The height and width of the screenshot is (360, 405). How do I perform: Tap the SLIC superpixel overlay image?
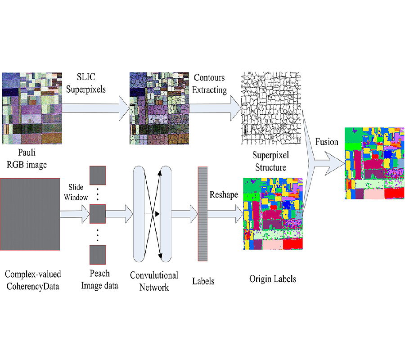159,108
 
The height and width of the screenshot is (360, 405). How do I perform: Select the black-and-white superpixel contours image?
271,108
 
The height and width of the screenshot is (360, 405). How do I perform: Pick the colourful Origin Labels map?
273,214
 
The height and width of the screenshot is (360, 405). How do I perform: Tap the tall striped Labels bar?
202,214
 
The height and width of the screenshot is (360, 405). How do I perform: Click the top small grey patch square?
97,176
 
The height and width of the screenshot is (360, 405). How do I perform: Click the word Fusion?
327,142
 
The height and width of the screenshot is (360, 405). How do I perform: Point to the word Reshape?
223,195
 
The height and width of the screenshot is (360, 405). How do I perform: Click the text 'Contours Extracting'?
209,84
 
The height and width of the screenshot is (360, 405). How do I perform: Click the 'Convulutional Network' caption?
154,281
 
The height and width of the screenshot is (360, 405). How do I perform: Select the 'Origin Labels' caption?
273,279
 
